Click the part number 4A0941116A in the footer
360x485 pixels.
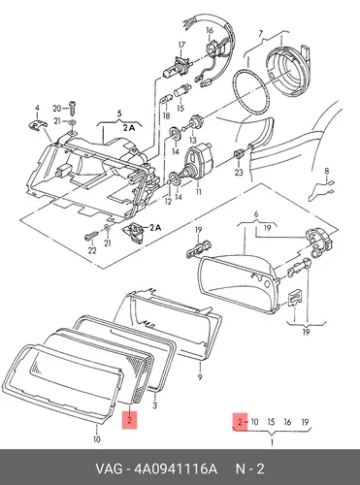[176, 469]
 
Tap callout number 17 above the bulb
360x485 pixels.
[181, 45]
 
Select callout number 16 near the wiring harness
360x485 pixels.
[210, 30]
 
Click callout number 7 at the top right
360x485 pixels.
[261, 33]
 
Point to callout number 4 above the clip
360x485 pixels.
[37, 108]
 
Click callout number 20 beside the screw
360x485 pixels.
[57, 108]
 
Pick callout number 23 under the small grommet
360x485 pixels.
[239, 172]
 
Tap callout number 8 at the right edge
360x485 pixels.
[327, 171]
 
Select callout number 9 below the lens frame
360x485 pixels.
[200, 376]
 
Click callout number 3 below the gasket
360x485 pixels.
[155, 405]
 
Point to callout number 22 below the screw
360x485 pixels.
[92, 250]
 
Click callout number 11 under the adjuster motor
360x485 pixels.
[198, 192]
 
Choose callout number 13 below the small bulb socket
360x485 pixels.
[193, 140]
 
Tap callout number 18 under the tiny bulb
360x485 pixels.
[166, 115]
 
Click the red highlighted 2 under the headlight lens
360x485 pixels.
[129, 420]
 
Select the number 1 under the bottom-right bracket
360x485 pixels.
[272, 442]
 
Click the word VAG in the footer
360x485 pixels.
[109, 469]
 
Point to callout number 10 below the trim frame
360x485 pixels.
[97, 438]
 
